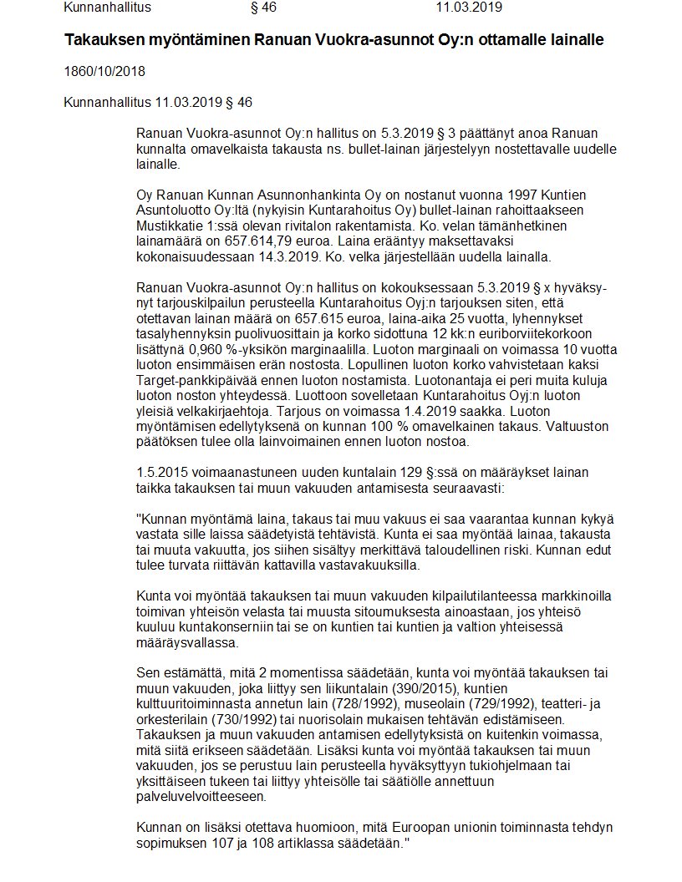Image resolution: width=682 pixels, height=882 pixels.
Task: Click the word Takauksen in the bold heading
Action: pyautogui.click(x=103, y=40)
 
